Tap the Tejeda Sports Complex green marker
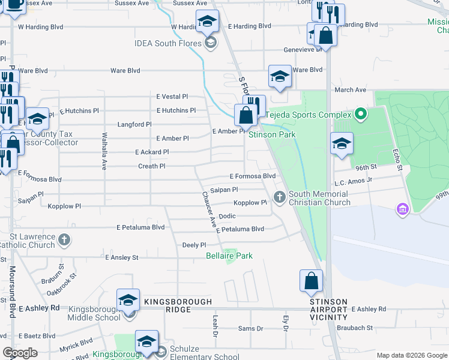click(360, 113)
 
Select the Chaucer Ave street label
click(208, 209)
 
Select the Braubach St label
click(355, 328)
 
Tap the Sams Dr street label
click(251, 328)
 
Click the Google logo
click(20, 353)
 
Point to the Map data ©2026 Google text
click(411, 355)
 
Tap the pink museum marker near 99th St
click(402, 209)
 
